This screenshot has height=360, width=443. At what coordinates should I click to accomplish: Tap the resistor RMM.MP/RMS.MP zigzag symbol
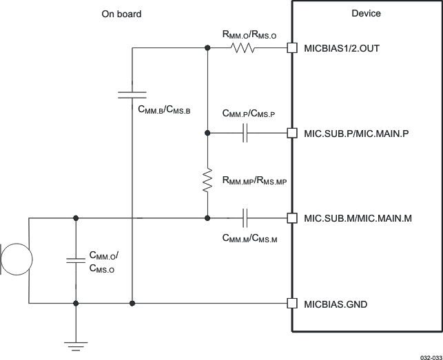click(207, 180)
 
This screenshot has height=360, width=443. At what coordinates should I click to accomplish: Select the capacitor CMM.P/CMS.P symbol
click(245, 133)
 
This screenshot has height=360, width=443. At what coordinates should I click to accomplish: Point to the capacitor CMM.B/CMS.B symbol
click(132, 94)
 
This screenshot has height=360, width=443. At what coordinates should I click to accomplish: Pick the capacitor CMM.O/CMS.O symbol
click(75, 261)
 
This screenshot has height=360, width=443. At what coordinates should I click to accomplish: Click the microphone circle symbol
click(15, 261)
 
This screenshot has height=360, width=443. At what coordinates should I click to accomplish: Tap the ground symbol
click(75, 341)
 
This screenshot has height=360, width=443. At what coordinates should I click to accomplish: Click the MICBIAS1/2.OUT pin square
click(291, 48)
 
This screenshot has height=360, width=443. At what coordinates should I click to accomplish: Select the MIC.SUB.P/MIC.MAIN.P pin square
click(291, 133)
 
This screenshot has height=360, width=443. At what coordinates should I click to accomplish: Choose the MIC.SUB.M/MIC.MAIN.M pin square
click(291, 218)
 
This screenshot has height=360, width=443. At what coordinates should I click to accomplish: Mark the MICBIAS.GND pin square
click(291, 303)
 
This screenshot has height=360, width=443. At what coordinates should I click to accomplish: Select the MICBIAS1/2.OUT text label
click(342, 49)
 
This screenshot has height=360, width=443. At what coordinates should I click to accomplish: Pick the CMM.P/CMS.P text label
click(249, 114)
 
